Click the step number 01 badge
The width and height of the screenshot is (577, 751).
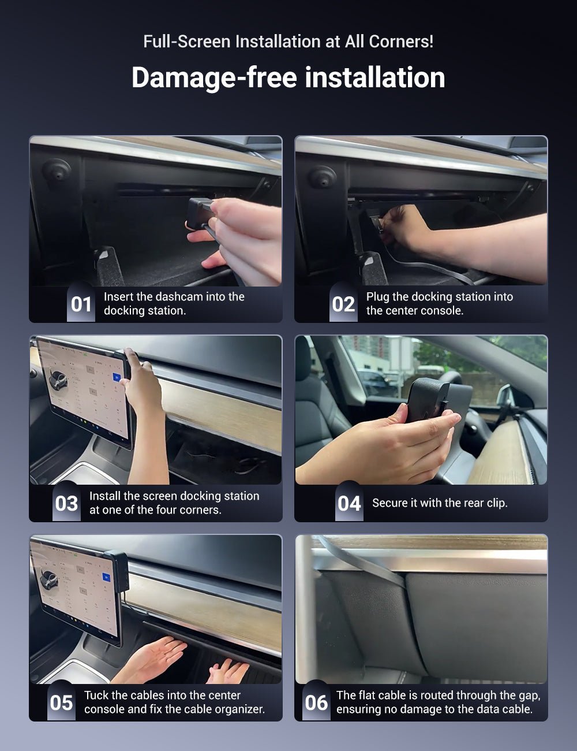click(x=81, y=303)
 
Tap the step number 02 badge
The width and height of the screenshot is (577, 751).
click(x=343, y=303)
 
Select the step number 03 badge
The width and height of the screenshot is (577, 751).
click(x=66, y=503)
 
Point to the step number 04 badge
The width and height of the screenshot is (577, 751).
click(x=349, y=503)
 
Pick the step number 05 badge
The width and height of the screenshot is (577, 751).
click(x=61, y=702)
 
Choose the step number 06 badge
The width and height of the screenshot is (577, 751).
click(x=316, y=702)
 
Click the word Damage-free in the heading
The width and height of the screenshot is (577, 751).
click(x=214, y=78)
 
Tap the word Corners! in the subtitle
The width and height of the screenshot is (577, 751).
click(x=401, y=42)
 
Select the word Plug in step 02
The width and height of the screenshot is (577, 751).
click(x=377, y=297)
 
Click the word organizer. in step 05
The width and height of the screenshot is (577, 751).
click(x=240, y=709)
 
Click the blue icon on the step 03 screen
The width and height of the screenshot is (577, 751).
click(x=118, y=377)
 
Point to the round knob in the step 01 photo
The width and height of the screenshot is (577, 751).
click(x=56, y=170)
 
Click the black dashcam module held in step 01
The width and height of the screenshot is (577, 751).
click(x=200, y=211)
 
